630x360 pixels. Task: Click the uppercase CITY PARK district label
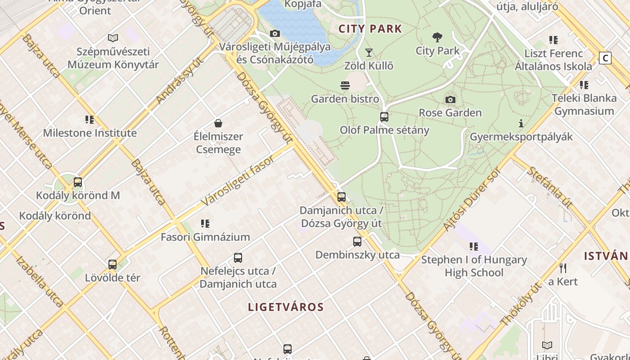[370, 29]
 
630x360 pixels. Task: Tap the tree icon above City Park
[437, 37]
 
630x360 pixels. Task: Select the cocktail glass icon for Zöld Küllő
[369, 53]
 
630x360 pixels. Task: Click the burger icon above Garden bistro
[345, 85]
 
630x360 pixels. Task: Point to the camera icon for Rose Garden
[450, 99]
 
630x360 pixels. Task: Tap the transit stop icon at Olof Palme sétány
[384, 117]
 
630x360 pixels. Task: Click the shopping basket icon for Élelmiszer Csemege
[218, 123]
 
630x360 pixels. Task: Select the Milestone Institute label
[90, 133]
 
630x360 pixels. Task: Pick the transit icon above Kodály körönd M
[78, 182]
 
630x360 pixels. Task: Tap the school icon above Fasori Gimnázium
[205, 224]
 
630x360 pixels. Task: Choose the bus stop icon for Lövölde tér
[112, 265]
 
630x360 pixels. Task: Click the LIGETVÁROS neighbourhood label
[286, 307]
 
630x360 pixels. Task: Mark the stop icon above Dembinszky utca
[357, 242]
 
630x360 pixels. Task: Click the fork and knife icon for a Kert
[562, 268]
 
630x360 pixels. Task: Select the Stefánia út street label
[549, 187]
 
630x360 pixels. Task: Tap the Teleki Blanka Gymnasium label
[584, 104]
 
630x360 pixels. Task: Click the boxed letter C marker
[605, 58]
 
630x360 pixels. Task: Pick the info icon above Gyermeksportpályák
[521, 123]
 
